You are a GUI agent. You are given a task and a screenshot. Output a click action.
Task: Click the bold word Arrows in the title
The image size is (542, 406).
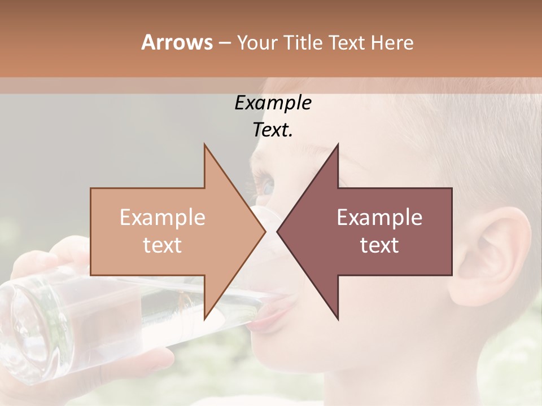177,42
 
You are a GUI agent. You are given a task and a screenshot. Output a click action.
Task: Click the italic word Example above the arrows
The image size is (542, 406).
273,103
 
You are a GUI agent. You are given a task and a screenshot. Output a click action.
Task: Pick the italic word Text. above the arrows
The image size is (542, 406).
273,130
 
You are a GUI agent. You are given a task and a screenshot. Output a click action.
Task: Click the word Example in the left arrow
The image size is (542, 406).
162,218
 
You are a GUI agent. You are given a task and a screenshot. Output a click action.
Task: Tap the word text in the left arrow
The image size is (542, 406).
162,245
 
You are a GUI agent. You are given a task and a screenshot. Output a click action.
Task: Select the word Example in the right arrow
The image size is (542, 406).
379,218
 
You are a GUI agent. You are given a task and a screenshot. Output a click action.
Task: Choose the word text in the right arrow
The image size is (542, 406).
379,245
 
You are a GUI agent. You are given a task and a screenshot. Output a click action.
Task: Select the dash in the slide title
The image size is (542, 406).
224,42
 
